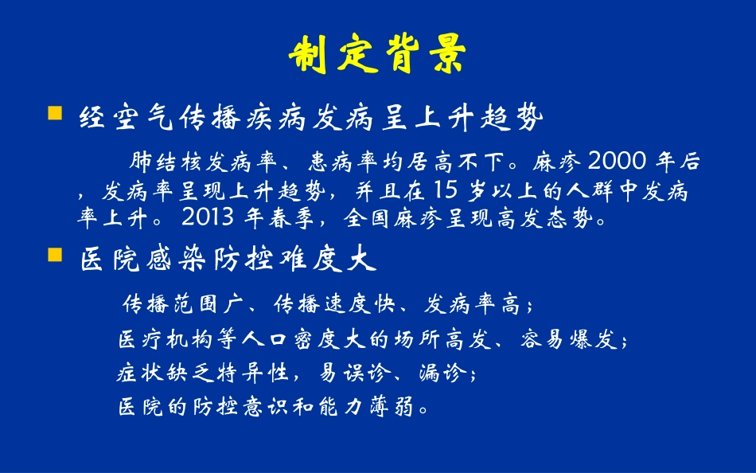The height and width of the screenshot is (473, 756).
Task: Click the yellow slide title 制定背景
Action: click(x=376, y=54)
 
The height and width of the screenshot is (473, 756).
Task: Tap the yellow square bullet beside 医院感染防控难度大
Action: click(x=55, y=255)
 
